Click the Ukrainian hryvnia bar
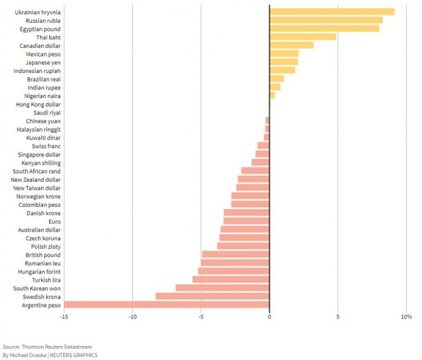coord(332,12)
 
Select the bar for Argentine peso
coord(167,305)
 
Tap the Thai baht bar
coord(303,37)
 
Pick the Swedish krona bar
coord(212,296)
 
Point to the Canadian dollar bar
coord(291,46)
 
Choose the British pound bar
coord(236,255)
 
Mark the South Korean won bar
coord(222,288)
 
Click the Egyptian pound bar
coord(324,28)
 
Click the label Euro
coord(55,222)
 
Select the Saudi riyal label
coord(47,113)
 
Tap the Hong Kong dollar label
coord(38,104)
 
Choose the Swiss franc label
coord(47,146)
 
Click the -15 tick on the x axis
coord(64,317)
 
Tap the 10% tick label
coord(406,317)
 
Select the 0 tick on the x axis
coord(269,317)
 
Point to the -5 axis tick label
coord(201,317)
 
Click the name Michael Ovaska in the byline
coord(30,355)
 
